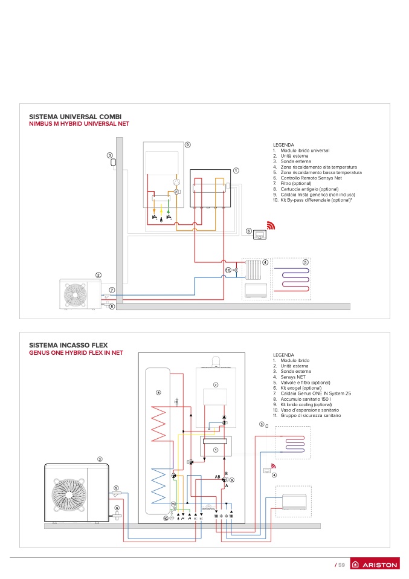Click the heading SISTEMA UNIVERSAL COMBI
point(76,117)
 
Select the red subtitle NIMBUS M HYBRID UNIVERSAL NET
point(79,124)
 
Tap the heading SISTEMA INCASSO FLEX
point(68,345)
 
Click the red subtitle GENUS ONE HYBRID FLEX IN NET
point(76,352)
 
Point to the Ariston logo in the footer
point(375,564)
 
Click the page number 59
point(341,565)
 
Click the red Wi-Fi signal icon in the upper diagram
point(271,225)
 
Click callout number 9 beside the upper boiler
point(187,145)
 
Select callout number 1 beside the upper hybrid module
point(236,170)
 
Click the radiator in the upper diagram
point(253,270)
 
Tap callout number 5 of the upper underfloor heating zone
point(305,262)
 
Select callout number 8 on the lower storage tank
point(158,392)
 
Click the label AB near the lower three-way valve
point(217,477)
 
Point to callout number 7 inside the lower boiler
point(216,385)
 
